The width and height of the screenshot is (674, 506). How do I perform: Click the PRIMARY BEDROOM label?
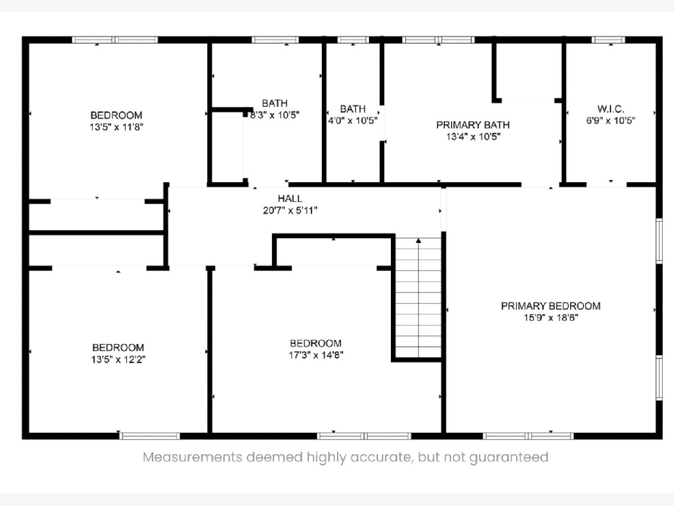point(550,306)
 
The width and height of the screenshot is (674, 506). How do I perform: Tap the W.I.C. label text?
point(611,109)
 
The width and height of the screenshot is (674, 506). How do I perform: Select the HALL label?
point(290,198)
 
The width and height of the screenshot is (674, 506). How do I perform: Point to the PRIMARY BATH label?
point(473,125)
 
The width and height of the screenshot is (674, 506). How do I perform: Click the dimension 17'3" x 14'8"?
point(316,355)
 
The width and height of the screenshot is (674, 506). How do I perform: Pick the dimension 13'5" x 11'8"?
point(116,127)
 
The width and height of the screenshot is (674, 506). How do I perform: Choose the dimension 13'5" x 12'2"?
point(118,359)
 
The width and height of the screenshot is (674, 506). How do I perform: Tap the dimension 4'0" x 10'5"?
point(353,120)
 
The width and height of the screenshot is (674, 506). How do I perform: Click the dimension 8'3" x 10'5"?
point(275,115)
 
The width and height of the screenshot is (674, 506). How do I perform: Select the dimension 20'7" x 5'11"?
point(290,210)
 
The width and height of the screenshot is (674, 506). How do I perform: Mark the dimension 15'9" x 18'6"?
point(551,318)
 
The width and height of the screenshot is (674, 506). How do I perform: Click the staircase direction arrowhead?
point(418,241)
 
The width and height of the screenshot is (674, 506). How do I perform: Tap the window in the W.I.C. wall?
point(608,39)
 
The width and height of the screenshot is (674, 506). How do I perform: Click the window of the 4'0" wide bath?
point(353,39)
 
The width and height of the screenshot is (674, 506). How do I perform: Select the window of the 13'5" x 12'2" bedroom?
point(149,436)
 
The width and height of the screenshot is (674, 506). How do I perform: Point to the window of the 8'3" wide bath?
point(275,39)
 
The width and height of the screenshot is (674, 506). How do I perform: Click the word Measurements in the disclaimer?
point(193,457)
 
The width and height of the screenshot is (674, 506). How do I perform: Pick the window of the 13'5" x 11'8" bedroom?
point(115,39)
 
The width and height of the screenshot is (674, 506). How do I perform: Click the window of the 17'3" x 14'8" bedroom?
point(364,436)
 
